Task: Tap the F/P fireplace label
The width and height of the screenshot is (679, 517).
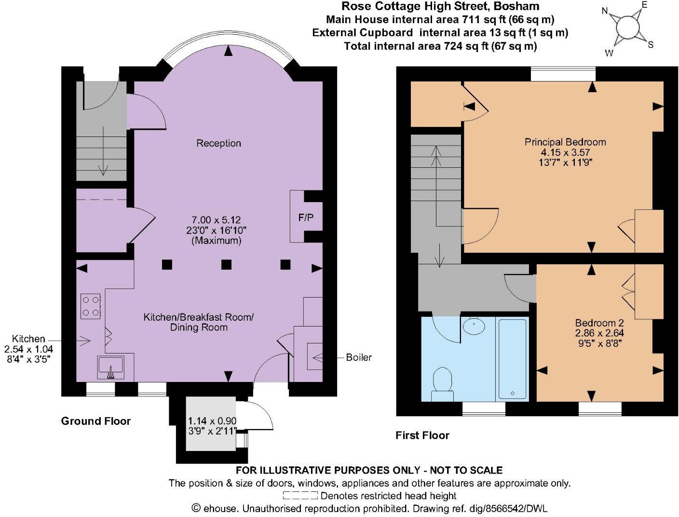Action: [x=306, y=218]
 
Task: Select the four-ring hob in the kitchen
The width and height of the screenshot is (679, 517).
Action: [x=91, y=306]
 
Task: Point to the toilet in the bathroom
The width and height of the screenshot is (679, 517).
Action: [x=442, y=383]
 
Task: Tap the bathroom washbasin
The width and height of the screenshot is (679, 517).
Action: [x=474, y=326]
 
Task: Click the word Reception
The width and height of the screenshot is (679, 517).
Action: [x=218, y=143]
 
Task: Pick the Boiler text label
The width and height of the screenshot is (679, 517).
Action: [x=359, y=357]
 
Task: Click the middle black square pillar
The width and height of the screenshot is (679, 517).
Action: [x=226, y=264]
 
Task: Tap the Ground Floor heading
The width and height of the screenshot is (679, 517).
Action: [x=95, y=421]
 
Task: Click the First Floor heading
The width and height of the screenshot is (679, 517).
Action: [x=422, y=435]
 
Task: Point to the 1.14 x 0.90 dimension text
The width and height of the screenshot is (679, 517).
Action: [x=212, y=421]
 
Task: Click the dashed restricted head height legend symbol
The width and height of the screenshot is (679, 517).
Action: [x=300, y=495]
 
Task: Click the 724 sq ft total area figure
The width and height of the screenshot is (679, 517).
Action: [x=465, y=46]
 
